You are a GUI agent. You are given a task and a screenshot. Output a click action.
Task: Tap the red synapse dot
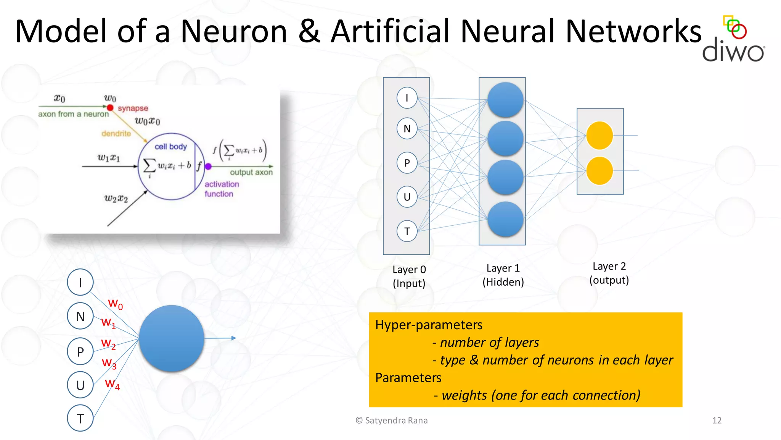coord(110,108)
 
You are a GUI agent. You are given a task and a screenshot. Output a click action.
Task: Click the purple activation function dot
coord(208,167)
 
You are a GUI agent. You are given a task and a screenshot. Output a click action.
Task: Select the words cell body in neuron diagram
coord(170,147)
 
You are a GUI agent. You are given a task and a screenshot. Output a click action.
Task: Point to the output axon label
coord(251,173)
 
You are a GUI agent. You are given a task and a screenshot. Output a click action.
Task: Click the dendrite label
coord(116,134)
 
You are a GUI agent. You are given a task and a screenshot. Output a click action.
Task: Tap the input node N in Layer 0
coord(407,129)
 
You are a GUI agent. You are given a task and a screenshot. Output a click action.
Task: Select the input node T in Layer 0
coord(407,231)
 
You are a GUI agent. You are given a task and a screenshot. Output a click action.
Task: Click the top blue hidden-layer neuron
coord(505,100)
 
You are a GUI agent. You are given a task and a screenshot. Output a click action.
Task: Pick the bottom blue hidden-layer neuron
coord(505,220)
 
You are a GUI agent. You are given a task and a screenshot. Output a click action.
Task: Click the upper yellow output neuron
coord(599,136)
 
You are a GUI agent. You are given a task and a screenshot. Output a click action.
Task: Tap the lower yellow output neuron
coord(599,171)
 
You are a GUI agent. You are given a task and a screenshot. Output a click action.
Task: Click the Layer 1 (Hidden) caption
coord(503,275)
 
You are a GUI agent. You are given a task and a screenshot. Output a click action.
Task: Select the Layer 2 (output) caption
coord(609,273)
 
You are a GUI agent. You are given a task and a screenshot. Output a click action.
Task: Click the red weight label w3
coord(109,363)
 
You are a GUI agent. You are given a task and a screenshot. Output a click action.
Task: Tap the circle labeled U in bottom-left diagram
coord(80,385)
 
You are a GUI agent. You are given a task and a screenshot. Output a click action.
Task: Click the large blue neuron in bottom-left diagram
coord(172,338)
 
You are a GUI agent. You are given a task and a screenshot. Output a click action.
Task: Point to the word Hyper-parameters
coord(429,325)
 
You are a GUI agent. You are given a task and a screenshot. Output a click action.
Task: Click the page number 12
coord(717,421)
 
